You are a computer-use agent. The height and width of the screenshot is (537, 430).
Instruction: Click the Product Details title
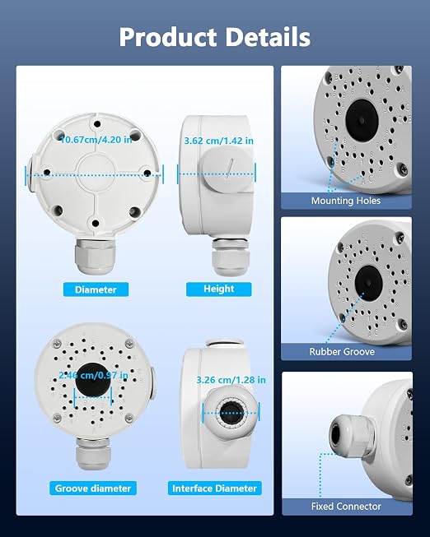214,37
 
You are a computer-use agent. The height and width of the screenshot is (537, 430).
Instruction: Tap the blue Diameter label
96,289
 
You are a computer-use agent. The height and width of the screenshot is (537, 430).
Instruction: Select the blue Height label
218,289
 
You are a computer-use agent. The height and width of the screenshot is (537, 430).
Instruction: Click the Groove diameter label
93,488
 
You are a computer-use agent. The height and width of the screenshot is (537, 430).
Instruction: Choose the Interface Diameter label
214,488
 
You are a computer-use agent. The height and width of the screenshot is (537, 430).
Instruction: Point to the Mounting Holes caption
346,201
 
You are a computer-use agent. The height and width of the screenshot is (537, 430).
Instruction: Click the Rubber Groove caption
342,352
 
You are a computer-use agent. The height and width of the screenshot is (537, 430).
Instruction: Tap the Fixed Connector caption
346,507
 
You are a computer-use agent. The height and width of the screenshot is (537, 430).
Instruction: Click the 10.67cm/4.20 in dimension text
96,139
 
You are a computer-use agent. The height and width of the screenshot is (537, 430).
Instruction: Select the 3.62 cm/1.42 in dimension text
219,141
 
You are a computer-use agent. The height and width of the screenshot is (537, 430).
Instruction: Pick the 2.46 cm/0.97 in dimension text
93,375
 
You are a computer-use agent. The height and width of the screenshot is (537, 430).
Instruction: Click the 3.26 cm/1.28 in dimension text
231,380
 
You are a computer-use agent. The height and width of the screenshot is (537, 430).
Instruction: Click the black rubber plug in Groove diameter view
93,380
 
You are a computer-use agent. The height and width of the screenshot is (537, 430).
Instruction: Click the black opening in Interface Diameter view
231,413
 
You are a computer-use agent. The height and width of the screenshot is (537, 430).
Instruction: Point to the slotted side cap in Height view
227,169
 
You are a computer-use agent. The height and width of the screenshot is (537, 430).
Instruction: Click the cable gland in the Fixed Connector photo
352,436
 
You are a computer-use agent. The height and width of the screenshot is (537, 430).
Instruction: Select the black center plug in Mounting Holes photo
362,120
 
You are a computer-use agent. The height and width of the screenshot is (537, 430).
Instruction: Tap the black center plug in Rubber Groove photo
368,284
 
